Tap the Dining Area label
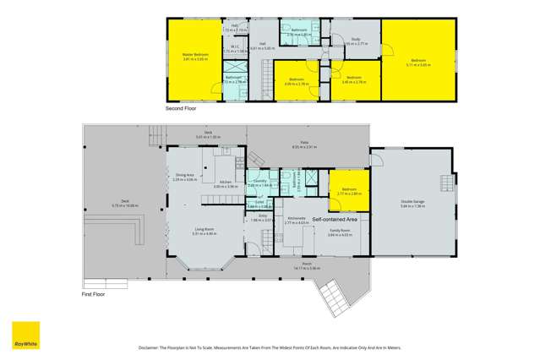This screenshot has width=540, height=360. click(x=184, y=176)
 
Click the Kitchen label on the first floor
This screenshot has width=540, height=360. click(x=226, y=182)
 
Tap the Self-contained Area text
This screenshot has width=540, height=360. click(x=335, y=218)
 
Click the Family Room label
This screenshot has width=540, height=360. click(x=340, y=229)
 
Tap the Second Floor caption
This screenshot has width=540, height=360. click(x=180, y=109)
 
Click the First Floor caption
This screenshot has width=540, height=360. click(x=94, y=294)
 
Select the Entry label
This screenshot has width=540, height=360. click(x=262, y=216)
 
